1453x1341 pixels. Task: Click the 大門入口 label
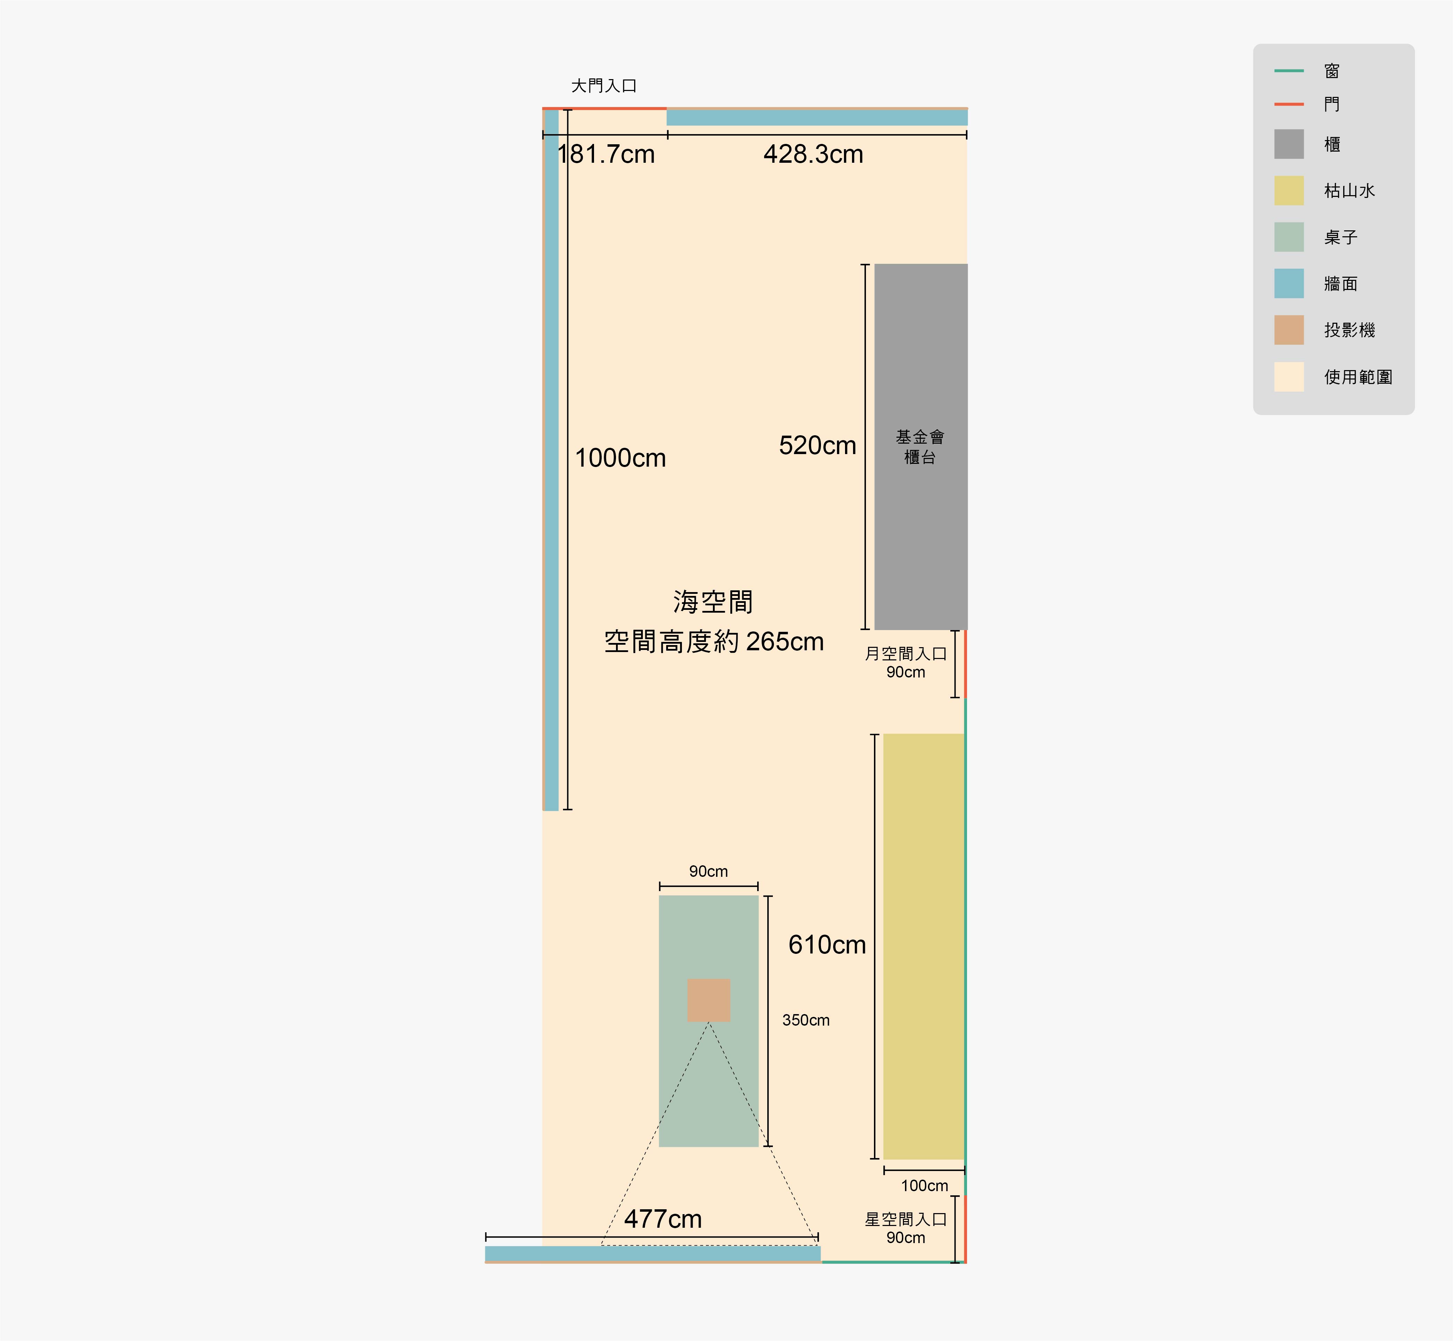[x=604, y=86]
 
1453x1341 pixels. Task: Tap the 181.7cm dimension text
[x=606, y=155]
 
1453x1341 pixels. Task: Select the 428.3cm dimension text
[x=813, y=155]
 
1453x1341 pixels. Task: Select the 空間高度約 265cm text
[x=714, y=642]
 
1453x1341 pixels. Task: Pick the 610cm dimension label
[x=827, y=945]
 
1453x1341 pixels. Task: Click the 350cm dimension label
[x=806, y=1020]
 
